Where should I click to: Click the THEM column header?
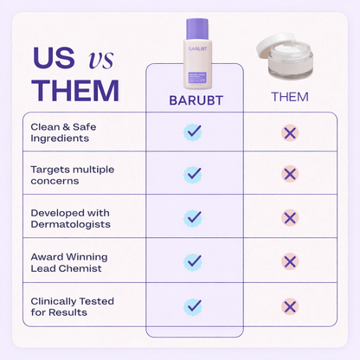coord(289,96)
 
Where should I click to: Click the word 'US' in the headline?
coord(53,57)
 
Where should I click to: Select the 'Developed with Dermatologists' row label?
coord(68,217)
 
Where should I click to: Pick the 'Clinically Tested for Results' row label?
coord(72,305)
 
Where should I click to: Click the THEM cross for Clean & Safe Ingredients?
coord(289,132)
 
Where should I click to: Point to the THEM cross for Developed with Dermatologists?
coord(289,218)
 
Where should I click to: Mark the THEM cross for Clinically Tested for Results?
coord(289,305)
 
